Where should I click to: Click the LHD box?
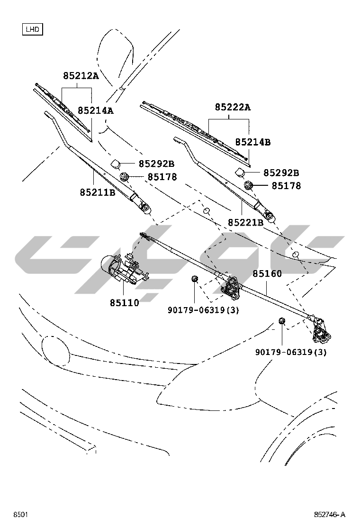pyautogui.click(x=32, y=29)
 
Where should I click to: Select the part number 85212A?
pyautogui.click(x=81, y=75)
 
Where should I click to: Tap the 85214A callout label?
pyautogui.click(x=96, y=110)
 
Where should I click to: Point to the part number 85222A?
pyautogui.click(x=233, y=107)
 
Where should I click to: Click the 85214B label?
pyautogui.click(x=253, y=142)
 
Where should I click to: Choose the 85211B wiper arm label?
pyautogui.click(x=98, y=192)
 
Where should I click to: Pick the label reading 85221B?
pyautogui.click(x=245, y=222)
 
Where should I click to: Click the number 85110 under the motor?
pyautogui.click(x=125, y=302)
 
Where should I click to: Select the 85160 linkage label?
pyautogui.click(x=267, y=274)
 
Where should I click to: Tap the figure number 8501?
pyautogui.click(x=20, y=515)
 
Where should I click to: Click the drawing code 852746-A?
pyautogui.click(x=329, y=515)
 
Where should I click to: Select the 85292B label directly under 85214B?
pyautogui.click(x=281, y=173)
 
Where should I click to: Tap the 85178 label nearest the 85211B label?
pyautogui.click(x=162, y=177)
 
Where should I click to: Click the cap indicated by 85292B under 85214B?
pyautogui.click(x=241, y=171)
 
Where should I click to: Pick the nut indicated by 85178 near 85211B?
pyautogui.click(x=125, y=177)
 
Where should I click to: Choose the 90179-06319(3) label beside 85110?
pyautogui.click(x=203, y=310)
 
